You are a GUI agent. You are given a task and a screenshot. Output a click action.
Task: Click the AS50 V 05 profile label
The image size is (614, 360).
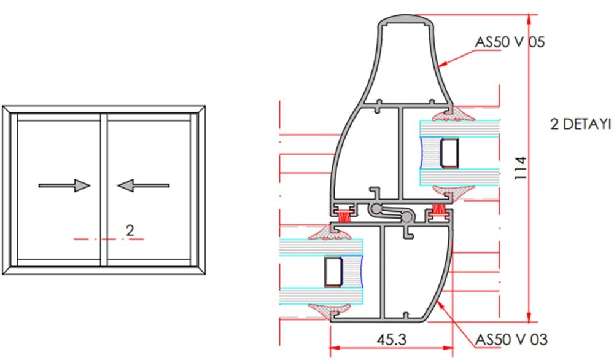tap(510, 42)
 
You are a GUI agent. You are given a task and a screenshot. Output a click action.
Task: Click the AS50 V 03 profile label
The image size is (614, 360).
tap(511, 339)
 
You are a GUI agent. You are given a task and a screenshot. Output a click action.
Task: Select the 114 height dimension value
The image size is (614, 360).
tap(521, 168)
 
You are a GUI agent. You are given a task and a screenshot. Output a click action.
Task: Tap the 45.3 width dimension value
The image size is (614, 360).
tap(392, 339)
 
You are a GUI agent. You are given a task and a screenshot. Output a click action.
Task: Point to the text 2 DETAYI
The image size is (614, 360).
tap(580, 124)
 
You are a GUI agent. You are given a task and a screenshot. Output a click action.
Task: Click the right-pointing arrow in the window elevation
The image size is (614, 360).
tap(64, 186)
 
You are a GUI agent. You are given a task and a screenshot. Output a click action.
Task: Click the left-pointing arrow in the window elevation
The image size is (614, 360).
tap(143, 186)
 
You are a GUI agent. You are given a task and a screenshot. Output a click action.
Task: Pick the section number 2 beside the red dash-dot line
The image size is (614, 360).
tap(130, 230)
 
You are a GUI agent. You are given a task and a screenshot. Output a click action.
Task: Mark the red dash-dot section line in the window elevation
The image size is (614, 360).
tap(109, 239)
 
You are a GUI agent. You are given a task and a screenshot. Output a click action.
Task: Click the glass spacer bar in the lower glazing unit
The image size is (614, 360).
tap(333, 272)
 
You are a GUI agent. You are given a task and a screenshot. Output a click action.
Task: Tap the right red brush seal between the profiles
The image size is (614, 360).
tap(438, 211)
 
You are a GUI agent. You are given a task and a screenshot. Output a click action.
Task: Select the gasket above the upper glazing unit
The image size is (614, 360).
tap(454, 115)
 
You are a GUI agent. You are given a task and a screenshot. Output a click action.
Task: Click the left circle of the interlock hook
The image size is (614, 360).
tap(376, 209)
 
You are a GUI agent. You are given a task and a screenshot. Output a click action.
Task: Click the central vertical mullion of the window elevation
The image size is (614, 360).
tap(104, 190)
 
